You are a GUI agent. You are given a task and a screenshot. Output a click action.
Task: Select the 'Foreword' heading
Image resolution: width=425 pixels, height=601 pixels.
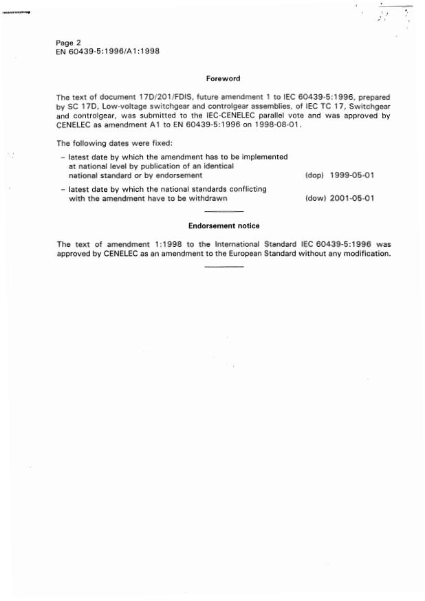[x=224, y=79]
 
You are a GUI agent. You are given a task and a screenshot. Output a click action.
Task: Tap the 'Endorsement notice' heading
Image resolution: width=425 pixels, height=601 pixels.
[x=224, y=226]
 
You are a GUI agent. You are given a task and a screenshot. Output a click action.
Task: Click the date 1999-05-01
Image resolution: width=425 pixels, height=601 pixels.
[x=352, y=175]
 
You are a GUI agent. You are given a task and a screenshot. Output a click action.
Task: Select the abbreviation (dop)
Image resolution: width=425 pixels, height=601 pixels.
[x=314, y=175]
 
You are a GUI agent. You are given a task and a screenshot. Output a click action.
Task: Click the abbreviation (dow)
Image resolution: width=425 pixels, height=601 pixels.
[x=314, y=198]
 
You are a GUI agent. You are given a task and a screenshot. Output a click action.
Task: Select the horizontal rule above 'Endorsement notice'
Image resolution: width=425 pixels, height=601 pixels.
[x=224, y=212]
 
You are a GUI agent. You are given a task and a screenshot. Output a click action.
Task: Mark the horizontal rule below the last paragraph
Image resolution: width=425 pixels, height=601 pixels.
[x=224, y=267]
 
